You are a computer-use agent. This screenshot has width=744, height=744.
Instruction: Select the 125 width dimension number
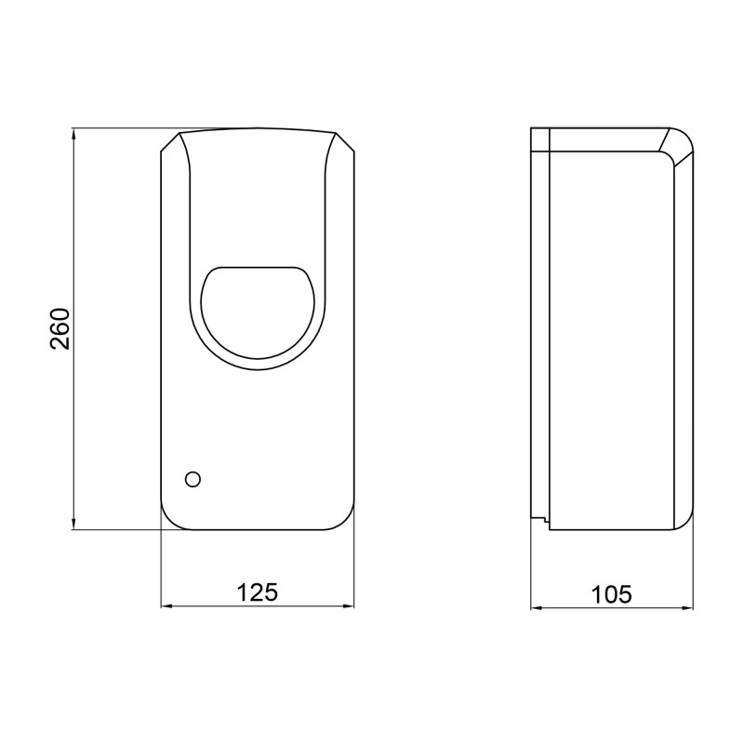258,591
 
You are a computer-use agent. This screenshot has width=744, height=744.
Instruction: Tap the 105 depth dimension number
611,591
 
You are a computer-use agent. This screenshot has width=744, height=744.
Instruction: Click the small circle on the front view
193,479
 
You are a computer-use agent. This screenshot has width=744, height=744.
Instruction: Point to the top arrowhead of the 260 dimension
73,135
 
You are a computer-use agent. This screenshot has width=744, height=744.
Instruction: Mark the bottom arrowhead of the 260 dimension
73,525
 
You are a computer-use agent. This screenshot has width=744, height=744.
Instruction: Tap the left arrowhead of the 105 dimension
536,609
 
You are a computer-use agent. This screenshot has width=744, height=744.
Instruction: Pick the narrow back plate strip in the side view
540,325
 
